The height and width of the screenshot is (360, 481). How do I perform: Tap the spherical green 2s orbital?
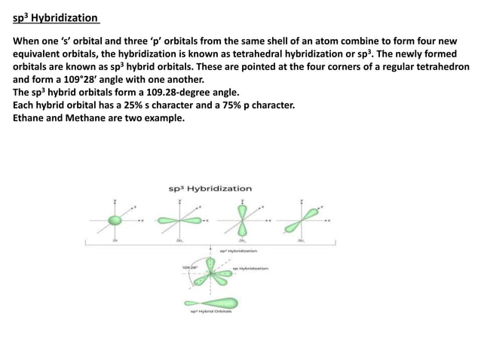[115, 221]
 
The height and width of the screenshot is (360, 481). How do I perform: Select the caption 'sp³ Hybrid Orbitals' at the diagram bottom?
[210, 312]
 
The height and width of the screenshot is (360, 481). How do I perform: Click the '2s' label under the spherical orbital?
[115, 240]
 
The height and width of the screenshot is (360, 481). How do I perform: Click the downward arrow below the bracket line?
[210, 249]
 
